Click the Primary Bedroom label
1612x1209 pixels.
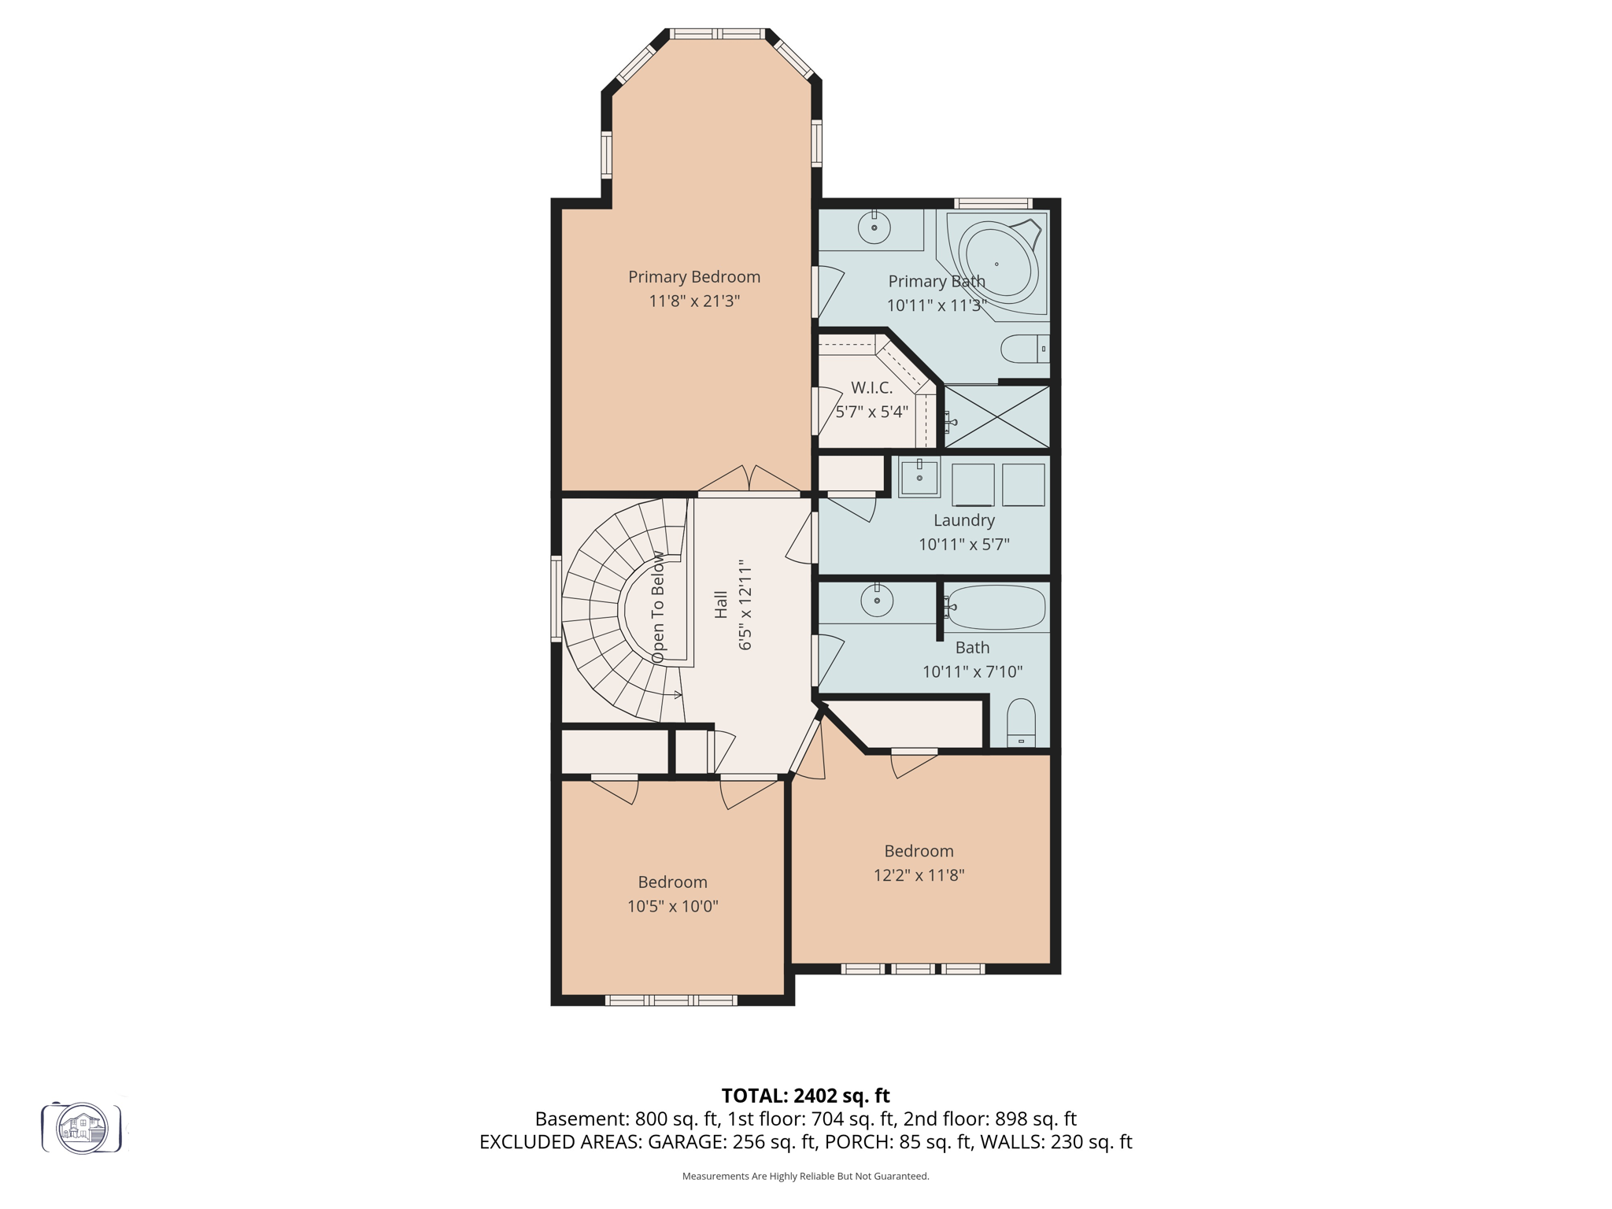coord(693,277)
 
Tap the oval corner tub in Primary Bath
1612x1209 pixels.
coord(997,264)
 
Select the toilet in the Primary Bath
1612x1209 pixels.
coord(1024,349)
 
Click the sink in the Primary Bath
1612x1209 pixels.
coord(874,227)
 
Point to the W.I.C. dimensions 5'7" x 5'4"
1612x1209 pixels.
coord(871,412)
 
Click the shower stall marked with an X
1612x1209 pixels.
coord(996,417)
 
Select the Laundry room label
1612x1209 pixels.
coord(963,520)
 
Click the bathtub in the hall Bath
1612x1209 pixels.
coord(996,608)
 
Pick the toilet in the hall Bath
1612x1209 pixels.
coord(1021,723)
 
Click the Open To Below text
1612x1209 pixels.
coord(658,607)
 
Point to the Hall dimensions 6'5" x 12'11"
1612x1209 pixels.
coord(745,605)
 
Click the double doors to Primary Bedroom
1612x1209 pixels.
coord(749,482)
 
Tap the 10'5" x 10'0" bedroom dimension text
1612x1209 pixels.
coord(672,907)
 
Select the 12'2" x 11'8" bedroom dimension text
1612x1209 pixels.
coord(919,875)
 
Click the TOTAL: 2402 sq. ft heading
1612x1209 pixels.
coord(805,1096)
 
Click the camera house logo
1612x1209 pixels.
coord(82,1128)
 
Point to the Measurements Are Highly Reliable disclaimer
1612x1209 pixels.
coord(805,1176)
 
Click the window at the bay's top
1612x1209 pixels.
coord(717,34)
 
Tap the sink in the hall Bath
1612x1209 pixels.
coord(877,601)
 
